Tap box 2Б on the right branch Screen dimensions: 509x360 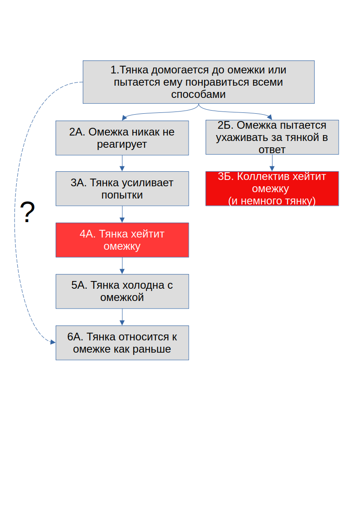272,137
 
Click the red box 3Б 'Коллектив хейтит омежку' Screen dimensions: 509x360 272,189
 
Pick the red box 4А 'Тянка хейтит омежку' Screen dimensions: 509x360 122,240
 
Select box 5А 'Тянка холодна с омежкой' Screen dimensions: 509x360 122,291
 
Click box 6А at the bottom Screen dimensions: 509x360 122,343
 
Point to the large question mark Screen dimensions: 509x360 27,212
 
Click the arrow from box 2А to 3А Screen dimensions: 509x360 122,164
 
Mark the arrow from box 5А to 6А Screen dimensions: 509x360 122,317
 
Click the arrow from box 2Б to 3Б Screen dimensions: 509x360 272,163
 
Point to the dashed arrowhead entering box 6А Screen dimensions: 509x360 52,343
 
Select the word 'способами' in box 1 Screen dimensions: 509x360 198,95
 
